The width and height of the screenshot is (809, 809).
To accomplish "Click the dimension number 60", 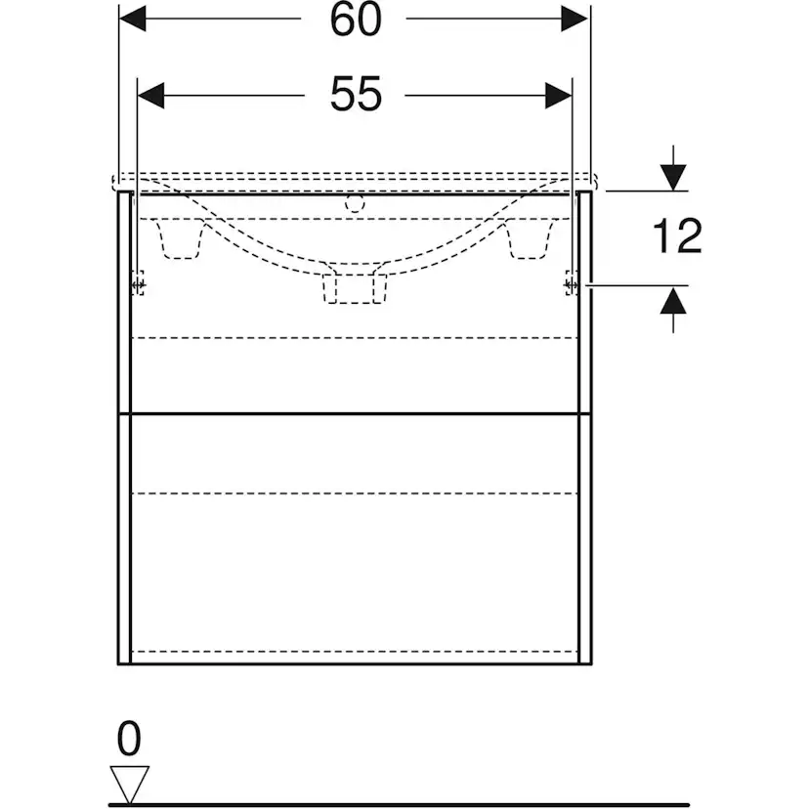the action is point(356,21).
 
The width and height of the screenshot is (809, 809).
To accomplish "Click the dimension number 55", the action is point(356,95).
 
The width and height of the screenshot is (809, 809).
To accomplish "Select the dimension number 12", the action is point(677,235).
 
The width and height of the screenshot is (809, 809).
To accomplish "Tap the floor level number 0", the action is point(128,739).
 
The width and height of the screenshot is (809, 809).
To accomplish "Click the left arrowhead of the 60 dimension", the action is point(133,19).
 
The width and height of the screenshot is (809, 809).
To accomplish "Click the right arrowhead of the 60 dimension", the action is point(575,19).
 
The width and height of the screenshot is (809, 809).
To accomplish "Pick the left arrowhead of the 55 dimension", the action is point(151,96).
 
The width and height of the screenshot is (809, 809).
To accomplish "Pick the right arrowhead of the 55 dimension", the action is point(559,96).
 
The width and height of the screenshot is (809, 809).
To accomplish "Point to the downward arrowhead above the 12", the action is point(673,177).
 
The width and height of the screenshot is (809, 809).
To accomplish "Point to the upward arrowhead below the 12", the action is point(673,300).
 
